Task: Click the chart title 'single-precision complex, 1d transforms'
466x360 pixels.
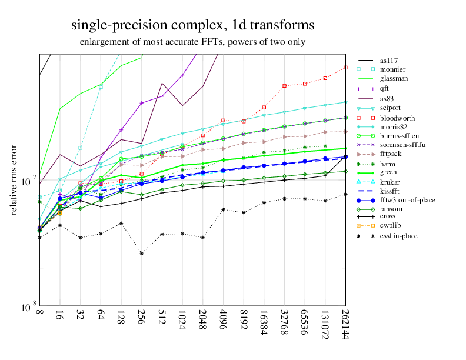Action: click(192, 25)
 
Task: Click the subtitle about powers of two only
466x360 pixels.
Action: click(192, 42)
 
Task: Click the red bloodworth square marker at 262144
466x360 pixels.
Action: click(345, 68)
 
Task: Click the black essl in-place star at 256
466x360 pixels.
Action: click(141, 254)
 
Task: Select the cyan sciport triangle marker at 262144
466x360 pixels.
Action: click(345, 102)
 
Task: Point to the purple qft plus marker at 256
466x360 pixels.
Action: click(141, 104)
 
